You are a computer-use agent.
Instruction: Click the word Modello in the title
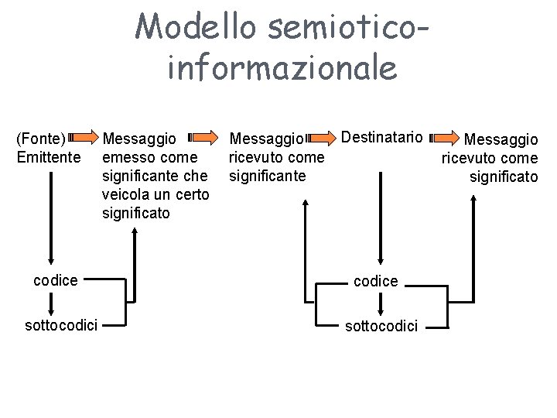[193, 29]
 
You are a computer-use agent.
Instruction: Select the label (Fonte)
[41, 139]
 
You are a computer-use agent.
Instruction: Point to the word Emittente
[48, 158]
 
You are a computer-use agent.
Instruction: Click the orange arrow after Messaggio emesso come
[204, 139]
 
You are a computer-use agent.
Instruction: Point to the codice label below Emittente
[56, 280]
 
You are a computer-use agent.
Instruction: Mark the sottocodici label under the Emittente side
[61, 324]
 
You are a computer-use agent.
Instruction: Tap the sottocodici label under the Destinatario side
[381, 326]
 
